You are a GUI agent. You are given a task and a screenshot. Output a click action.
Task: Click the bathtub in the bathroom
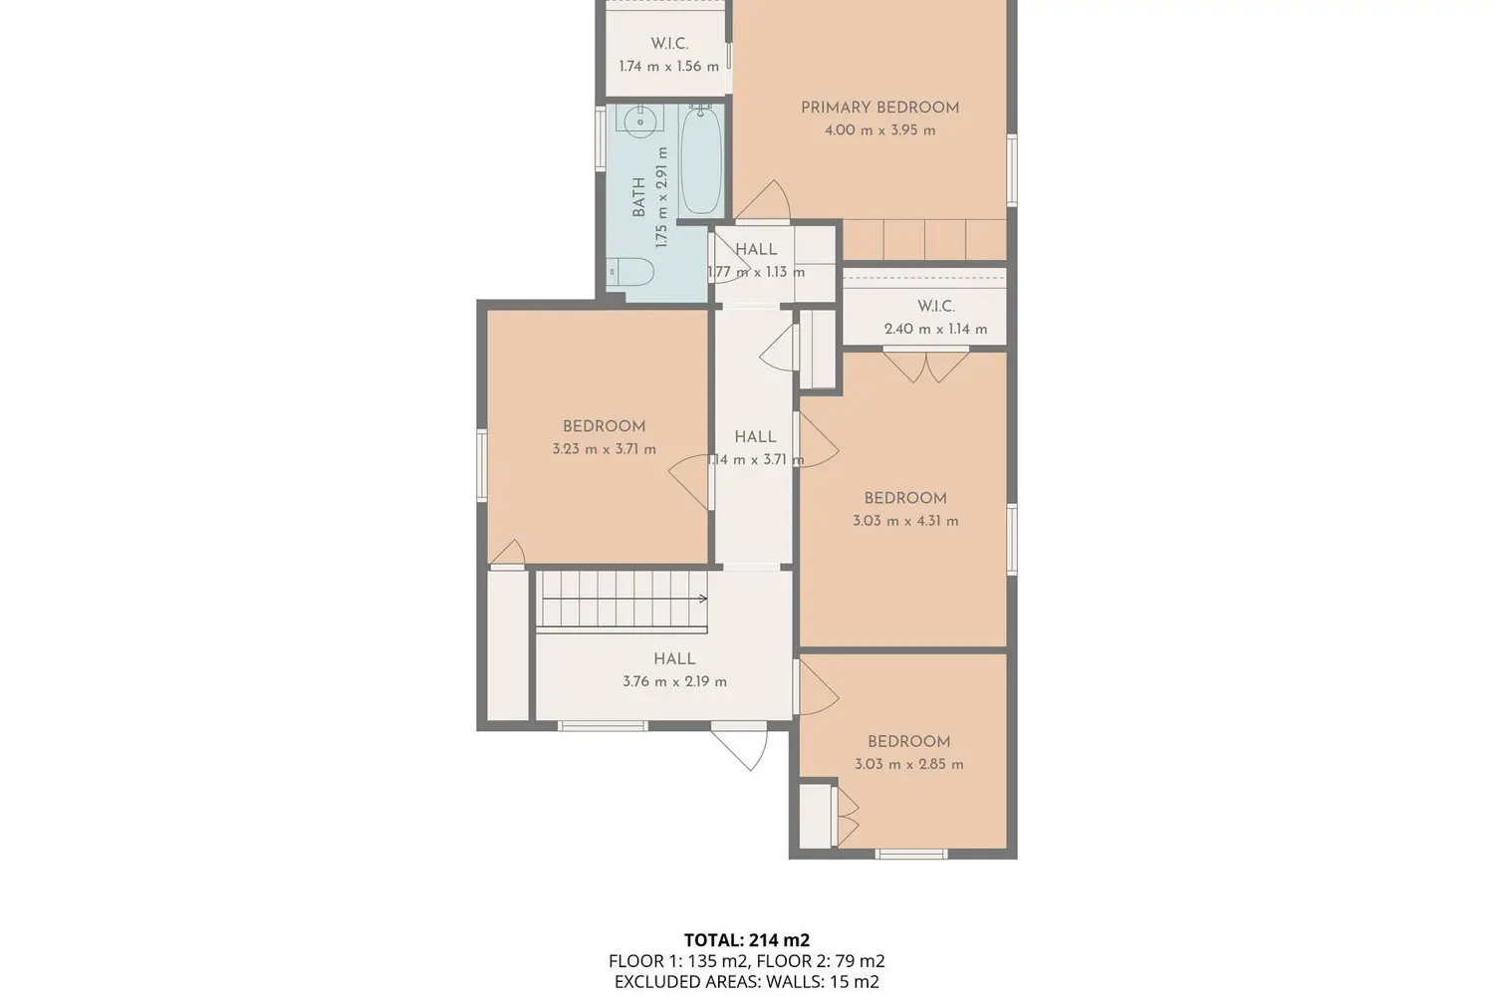click(701, 160)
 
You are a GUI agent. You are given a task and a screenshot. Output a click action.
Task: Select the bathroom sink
click(640, 122)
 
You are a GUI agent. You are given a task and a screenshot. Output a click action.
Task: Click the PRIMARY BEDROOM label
click(879, 108)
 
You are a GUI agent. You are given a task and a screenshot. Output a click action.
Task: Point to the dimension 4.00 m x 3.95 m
click(879, 130)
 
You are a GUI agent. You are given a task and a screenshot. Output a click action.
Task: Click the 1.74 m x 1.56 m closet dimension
click(669, 67)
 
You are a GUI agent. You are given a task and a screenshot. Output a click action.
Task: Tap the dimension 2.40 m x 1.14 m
click(936, 329)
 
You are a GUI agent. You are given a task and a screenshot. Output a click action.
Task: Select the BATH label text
click(638, 197)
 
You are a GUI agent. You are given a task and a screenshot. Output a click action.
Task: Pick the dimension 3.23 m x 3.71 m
click(605, 449)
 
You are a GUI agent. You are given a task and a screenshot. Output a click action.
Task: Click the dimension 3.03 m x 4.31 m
click(905, 521)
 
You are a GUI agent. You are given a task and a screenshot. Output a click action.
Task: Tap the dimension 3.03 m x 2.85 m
click(909, 765)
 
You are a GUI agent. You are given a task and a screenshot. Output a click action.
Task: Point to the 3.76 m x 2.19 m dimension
click(675, 682)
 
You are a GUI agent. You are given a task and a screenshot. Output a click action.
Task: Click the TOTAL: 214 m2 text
click(747, 940)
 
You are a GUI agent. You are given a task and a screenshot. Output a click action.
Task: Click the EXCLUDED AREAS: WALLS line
click(747, 982)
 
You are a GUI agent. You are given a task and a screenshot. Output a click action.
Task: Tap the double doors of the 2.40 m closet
click(925, 366)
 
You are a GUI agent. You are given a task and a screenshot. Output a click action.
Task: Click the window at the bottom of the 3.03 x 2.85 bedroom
click(911, 854)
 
